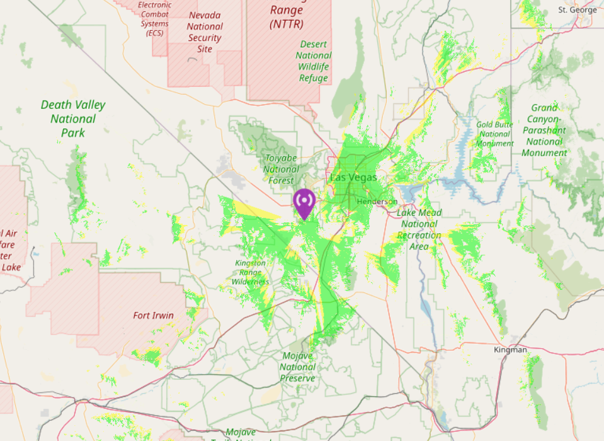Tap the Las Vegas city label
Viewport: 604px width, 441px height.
[353, 178]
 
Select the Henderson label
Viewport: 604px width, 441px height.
[377, 202]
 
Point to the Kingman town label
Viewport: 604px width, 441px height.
[510, 349]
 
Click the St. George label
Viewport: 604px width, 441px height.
[577, 9]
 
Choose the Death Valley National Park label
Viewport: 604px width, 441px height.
[73, 118]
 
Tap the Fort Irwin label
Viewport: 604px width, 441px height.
[153, 315]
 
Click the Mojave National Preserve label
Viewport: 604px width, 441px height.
[298, 367]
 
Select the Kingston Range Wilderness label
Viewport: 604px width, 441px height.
[251, 272]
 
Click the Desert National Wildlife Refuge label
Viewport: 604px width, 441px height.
[313, 61]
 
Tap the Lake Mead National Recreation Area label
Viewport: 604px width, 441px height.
[419, 229]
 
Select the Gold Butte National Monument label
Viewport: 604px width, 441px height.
[494, 134]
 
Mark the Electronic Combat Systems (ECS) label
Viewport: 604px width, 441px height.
[155, 19]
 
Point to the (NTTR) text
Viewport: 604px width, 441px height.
[287, 25]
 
